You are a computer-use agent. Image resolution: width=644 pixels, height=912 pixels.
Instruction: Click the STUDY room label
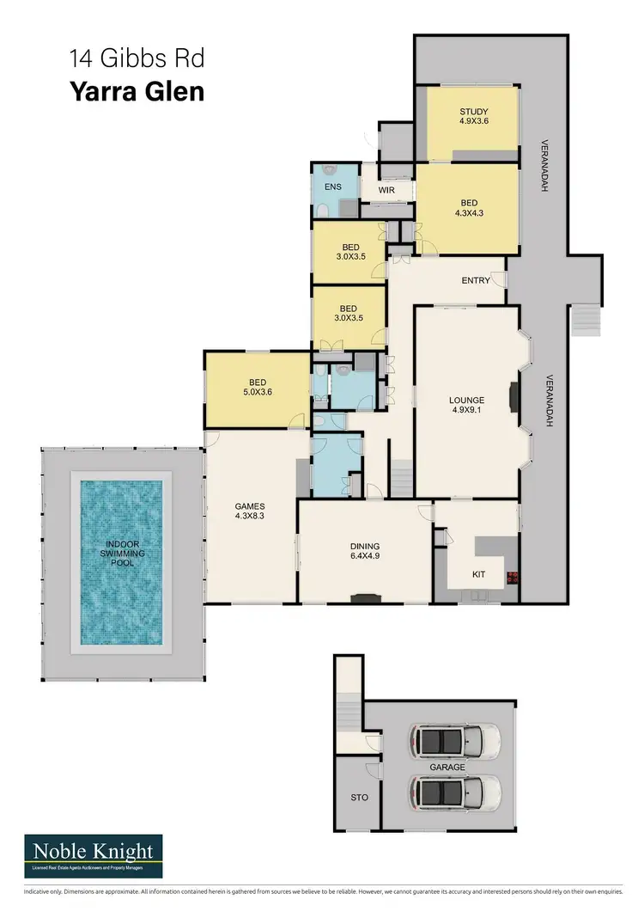tap(473, 116)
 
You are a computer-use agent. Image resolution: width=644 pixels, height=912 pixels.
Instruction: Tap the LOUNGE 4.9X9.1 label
tap(466, 405)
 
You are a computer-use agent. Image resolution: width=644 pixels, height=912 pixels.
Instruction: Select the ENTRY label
tap(475, 280)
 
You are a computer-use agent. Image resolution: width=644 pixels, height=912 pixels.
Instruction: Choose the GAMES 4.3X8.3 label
tap(250, 511)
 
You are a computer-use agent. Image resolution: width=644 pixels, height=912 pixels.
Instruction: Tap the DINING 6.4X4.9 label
tap(364, 551)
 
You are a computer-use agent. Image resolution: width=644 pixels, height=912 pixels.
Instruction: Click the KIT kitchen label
tap(480, 573)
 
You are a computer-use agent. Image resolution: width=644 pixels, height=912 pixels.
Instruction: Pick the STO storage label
tap(360, 798)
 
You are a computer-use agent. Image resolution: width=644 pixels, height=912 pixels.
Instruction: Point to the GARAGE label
tap(448, 766)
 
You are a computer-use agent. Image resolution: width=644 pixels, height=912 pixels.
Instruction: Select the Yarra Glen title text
tap(137, 91)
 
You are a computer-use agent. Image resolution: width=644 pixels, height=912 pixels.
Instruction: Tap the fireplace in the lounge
tap(513, 398)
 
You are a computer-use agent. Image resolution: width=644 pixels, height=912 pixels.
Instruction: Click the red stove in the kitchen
tap(514, 577)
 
